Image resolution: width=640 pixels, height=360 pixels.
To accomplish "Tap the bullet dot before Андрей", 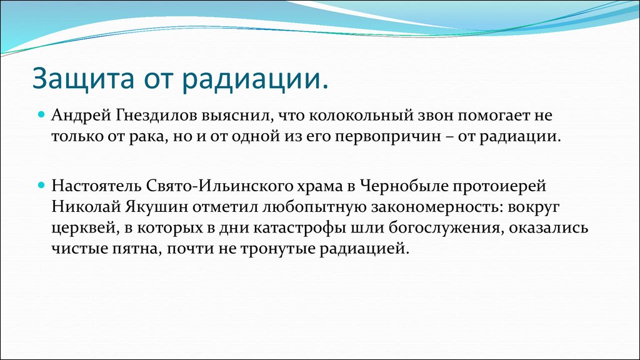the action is point(41,115).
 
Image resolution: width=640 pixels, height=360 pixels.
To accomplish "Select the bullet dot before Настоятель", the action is point(41,185).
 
